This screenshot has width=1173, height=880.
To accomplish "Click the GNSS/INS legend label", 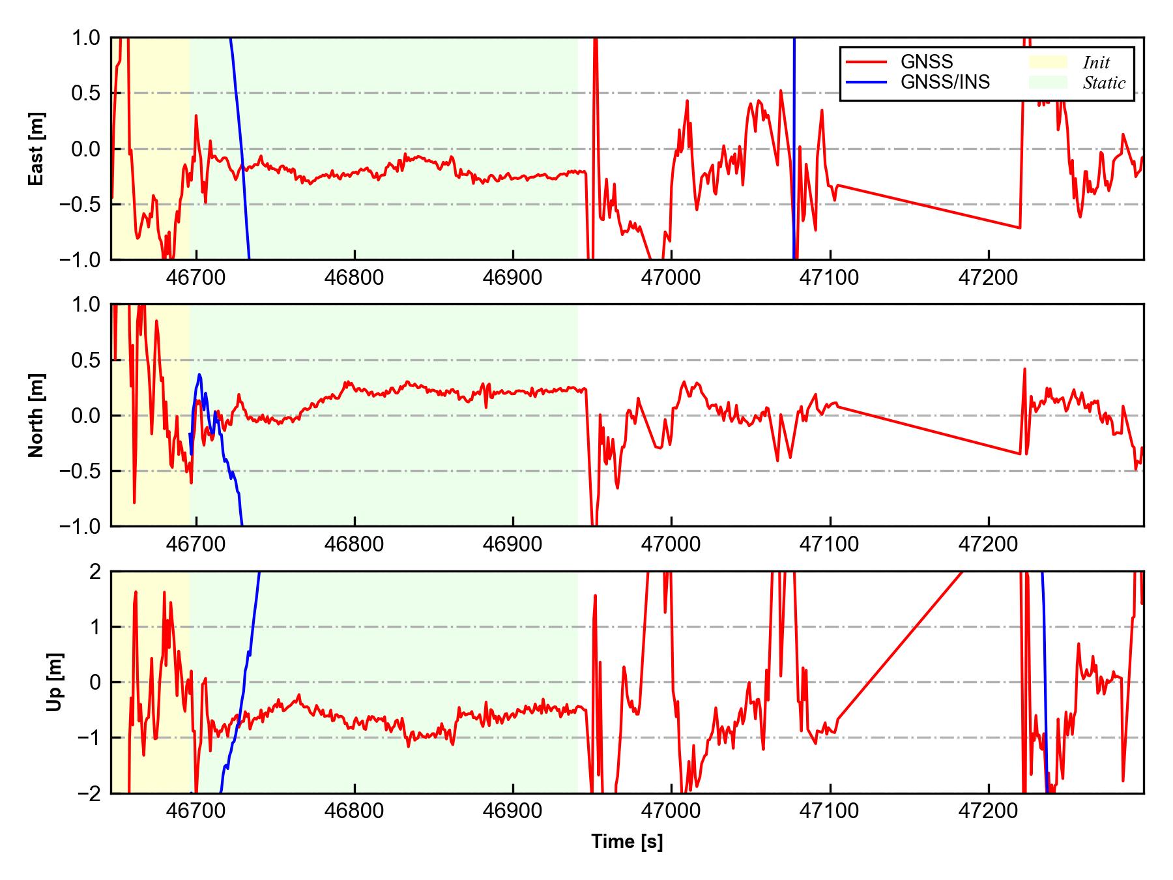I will [945, 82].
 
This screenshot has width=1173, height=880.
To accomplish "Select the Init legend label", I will [1096, 63].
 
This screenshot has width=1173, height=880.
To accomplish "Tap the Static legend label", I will [1104, 83].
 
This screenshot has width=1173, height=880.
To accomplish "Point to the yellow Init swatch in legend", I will [1048, 62].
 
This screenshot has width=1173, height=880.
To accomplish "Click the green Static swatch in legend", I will [1048, 82].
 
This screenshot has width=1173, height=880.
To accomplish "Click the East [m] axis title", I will [36, 149].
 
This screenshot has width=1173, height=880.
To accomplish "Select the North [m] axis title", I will [36, 415].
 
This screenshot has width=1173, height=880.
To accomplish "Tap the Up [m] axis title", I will [55, 682].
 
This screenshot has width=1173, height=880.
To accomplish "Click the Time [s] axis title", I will [627, 842].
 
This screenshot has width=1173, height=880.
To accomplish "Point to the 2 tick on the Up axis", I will [96, 572].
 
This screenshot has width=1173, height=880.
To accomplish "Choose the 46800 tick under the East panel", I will [355, 278].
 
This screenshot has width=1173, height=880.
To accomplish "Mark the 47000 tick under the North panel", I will [671, 544].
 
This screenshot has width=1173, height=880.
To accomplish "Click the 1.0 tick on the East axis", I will [87, 38].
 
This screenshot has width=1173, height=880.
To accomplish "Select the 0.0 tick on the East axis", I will [87, 149].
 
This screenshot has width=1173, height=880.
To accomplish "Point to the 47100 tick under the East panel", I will [830, 278].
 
